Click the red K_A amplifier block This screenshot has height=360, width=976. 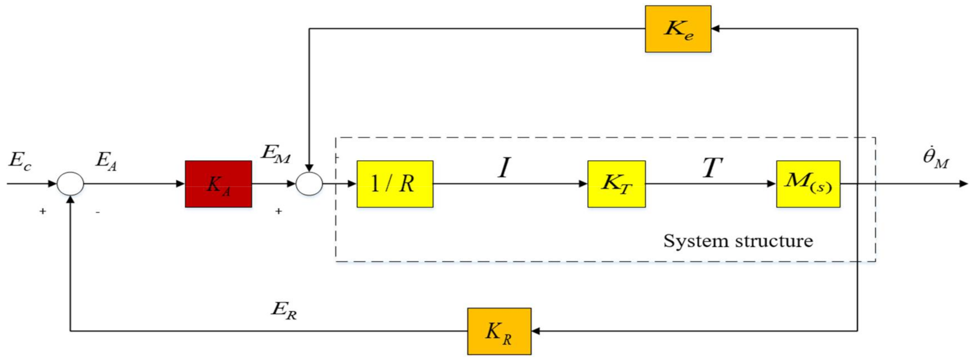pyautogui.click(x=218, y=184)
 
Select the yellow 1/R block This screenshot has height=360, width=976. pyautogui.click(x=395, y=184)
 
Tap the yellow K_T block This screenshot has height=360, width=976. pyautogui.click(x=616, y=184)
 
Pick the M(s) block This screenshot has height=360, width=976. pyautogui.click(x=808, y=184)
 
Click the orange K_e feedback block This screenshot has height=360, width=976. pyautogui.click(x=678, y=29)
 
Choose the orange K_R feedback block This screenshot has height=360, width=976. pyautogui.click(x=499, y=331)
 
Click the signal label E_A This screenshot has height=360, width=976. pyautogui.click(x=106, y=161)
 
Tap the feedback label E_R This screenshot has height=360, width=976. pyautogui.click(x=284, y=310)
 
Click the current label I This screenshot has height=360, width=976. pyautogui.click(x=505, y=167)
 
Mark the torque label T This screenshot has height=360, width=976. pyautogui.click(x=712, y=167)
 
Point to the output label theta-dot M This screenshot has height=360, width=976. pyautogui.click(x=936, y=158)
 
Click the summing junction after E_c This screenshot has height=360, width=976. pyautogui.click(x=71, y=184)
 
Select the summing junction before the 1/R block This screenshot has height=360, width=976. pyautogui.click(x=309, y=184)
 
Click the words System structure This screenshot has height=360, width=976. pyautogui.click(x=738, y=241)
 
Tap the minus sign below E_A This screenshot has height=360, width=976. pyautogui.click(x=97, y=212)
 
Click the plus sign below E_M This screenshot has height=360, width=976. pyautogui.click(x=278, y=212)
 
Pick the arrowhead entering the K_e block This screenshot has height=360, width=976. pyautogui.click(x=716, y=29)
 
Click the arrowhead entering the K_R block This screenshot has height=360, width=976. pyautogui.click(x=535, y=331)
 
